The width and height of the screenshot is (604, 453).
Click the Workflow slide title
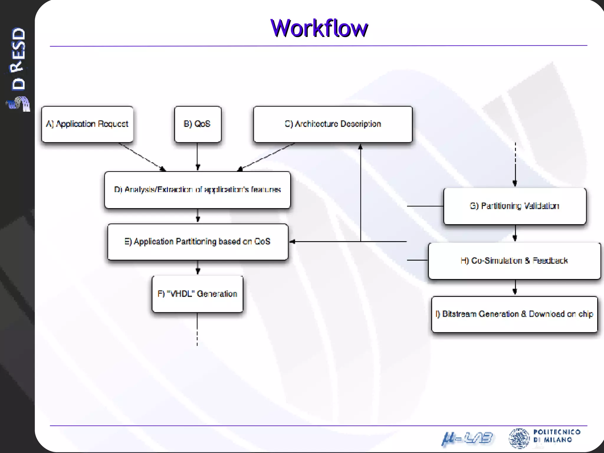(x=319, y=28)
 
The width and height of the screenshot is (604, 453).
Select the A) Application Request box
(x=87, y=124)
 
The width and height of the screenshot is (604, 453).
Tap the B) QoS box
(x=197, y=124)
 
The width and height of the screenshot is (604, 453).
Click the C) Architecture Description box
(x=333, y=124)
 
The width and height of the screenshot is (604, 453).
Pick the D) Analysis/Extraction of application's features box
(x=197, y=190)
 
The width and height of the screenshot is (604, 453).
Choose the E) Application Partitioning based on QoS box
(x=198, y=242)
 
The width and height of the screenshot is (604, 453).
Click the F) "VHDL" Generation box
(x=197, y=294)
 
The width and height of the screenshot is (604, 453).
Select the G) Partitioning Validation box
(x=515, y=206)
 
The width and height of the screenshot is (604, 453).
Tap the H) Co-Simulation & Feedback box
(x=514, y=261)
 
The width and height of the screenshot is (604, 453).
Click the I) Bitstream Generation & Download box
(x=514, y=314)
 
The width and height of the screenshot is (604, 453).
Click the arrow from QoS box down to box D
(x=198, y=156)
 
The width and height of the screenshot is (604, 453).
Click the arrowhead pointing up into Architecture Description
(x=360, y=147)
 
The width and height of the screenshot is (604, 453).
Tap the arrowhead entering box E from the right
(x=292, y=242)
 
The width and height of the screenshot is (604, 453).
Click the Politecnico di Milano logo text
(x=557, y=436)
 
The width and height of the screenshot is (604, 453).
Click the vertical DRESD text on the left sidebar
(x=18, y=59)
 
